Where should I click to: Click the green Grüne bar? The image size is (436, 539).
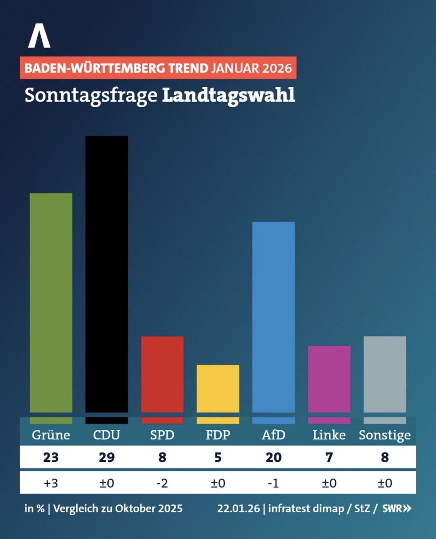click(x=51, y=303)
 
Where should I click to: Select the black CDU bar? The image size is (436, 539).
click(x=106, y=274)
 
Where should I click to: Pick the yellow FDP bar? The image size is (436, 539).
click(x=218, y=389)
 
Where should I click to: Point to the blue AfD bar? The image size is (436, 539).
click(x=273, y=317)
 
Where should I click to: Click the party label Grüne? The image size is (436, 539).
click(x=51, y=435)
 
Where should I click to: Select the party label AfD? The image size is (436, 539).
click(x=273, y=435)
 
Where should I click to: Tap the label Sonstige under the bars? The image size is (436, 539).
click(x=385, y=435)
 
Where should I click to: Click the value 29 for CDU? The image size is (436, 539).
click(x=106, y=457)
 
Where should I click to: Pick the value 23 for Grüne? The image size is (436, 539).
click(x=51, y=457)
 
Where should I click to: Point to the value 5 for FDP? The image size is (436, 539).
click(x=218, y=457)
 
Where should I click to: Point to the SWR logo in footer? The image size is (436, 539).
click(x=396, y=509)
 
